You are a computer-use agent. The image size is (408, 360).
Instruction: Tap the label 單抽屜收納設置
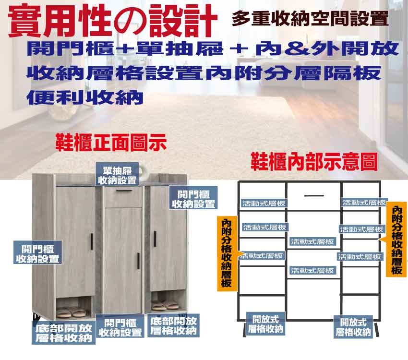(117, 175)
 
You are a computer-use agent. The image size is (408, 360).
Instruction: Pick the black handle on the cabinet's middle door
(138, 259)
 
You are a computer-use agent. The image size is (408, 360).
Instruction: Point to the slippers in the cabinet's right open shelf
(165, 306)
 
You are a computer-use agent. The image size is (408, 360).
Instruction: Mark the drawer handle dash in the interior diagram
(314, 195)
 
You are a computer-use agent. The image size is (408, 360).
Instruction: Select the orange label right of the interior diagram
(396, 240)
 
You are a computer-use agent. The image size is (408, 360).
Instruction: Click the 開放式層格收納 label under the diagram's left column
(265, 324)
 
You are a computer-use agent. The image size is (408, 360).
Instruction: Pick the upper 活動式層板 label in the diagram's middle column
(312, 241)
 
